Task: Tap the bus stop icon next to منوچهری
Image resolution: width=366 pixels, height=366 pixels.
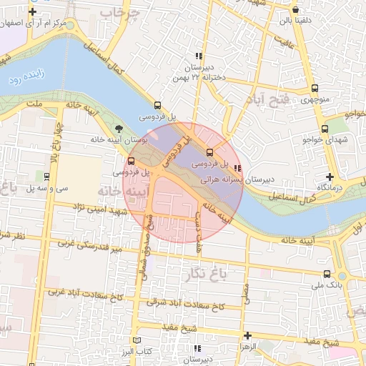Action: click(315, 88)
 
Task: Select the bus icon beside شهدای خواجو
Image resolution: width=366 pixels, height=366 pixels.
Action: click(325, 129)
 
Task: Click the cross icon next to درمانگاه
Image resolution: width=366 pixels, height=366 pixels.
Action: click(329, 176)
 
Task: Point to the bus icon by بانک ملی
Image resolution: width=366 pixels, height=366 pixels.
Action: click(327, 274)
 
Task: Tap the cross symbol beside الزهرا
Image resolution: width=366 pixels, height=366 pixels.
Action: click(247, 335)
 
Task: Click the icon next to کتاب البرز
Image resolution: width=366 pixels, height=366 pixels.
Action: click(139, 340)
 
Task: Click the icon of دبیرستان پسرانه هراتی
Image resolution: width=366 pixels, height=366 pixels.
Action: click(237, 169)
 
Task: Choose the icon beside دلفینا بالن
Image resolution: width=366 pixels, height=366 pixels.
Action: click(296, 10)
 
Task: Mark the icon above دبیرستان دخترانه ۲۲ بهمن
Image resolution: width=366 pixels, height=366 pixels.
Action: click(199, 56)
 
